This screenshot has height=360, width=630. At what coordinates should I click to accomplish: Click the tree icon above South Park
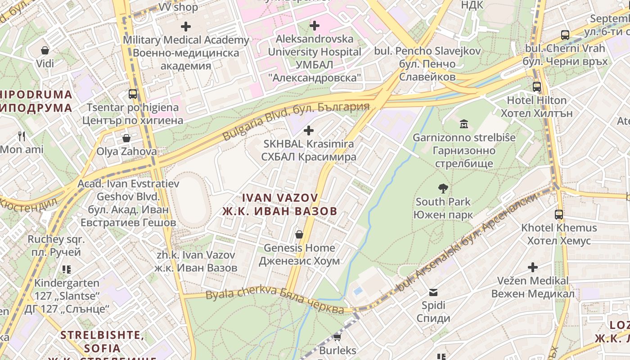[443, 189]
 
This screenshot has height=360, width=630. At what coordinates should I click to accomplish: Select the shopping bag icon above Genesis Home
[299, 234]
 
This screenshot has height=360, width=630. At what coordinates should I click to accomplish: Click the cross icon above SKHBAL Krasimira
[309, 131]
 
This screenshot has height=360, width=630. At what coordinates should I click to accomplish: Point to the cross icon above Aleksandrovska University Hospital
[315, 26]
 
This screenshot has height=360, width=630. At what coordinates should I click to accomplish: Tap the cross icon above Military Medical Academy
[186, 27]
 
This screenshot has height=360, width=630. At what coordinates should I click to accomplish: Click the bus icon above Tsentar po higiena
[133, 94]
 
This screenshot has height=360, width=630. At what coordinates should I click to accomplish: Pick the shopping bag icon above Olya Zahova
[126, 138]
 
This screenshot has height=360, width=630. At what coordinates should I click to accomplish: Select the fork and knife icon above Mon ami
[22, 136]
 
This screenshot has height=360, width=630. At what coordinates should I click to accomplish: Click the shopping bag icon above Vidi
[45, 50]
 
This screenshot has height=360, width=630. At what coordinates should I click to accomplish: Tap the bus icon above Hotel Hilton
[537, 87]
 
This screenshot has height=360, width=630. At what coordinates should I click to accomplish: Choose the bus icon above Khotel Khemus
[559, 215]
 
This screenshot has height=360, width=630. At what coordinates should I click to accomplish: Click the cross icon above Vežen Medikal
[533, 268]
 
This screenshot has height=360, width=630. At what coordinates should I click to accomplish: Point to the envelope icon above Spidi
[433, 292]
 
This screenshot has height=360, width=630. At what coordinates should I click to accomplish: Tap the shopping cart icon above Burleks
[337, 337]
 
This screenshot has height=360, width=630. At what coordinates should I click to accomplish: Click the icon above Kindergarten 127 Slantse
[67, 270]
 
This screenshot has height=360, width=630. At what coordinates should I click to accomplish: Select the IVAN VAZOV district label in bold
[280, 204]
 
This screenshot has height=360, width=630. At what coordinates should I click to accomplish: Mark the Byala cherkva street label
[275, 301]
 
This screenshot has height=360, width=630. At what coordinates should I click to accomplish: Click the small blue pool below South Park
[358, 291]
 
